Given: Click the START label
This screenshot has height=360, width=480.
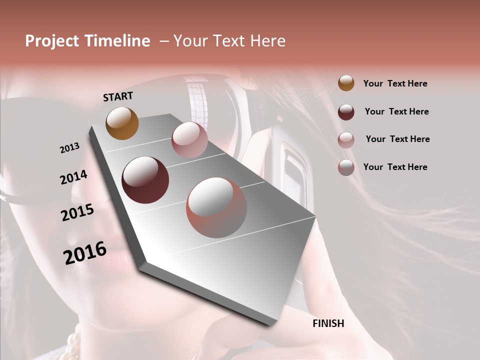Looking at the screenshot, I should click(x=118, y=96).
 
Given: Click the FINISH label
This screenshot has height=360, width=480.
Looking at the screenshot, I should click(x=328, y=323).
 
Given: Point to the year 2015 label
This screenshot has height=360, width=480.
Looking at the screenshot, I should click(x=77, y=212).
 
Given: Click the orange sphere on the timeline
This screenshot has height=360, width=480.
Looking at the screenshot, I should click(x=122, y=123).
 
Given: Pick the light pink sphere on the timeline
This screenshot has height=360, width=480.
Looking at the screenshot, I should click(x=189, y=140).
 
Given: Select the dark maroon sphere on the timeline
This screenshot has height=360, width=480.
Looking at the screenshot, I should click(x=145, y=180).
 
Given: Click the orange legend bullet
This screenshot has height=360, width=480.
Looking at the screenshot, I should click(x=346, y=83).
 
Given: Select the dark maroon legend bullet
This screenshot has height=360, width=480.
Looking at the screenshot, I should click(x=346, y=111).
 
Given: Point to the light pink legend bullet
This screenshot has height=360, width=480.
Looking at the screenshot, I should click(x=346, y=139).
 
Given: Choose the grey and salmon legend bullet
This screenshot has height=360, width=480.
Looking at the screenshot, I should click(x=346, y=167).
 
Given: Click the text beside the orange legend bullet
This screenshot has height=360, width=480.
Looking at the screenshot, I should click(x=395, y=83).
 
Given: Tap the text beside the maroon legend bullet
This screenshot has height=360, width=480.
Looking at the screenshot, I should click(x=396, y=111).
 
